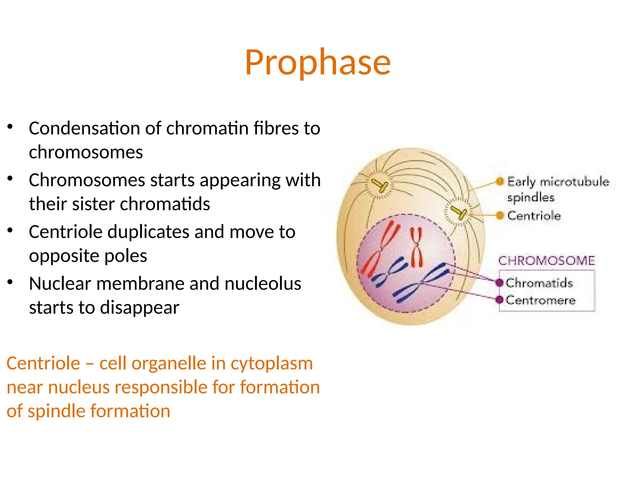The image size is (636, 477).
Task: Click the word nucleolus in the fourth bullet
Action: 263,284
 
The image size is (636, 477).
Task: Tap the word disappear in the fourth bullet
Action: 139,308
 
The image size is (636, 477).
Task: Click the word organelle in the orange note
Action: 169,363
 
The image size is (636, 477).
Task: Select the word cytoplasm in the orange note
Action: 271,363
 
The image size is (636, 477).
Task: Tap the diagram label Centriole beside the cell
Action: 534,216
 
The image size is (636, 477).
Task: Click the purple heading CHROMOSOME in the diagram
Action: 547,261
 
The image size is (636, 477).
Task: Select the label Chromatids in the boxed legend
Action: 539,283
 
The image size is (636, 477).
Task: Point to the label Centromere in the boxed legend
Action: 540,300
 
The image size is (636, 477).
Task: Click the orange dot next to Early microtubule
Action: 500,181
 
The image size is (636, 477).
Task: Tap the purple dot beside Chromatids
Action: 499,283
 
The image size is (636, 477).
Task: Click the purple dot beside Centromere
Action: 499,300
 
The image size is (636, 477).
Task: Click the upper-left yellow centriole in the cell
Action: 380,185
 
